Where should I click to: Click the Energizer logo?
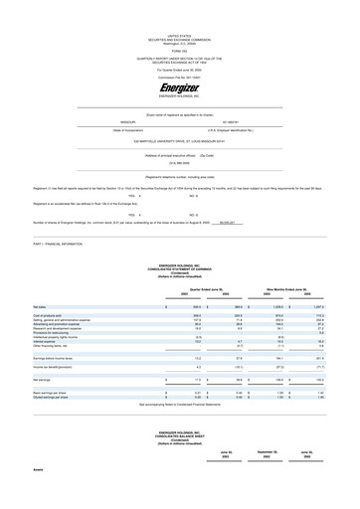coord(179,89)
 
